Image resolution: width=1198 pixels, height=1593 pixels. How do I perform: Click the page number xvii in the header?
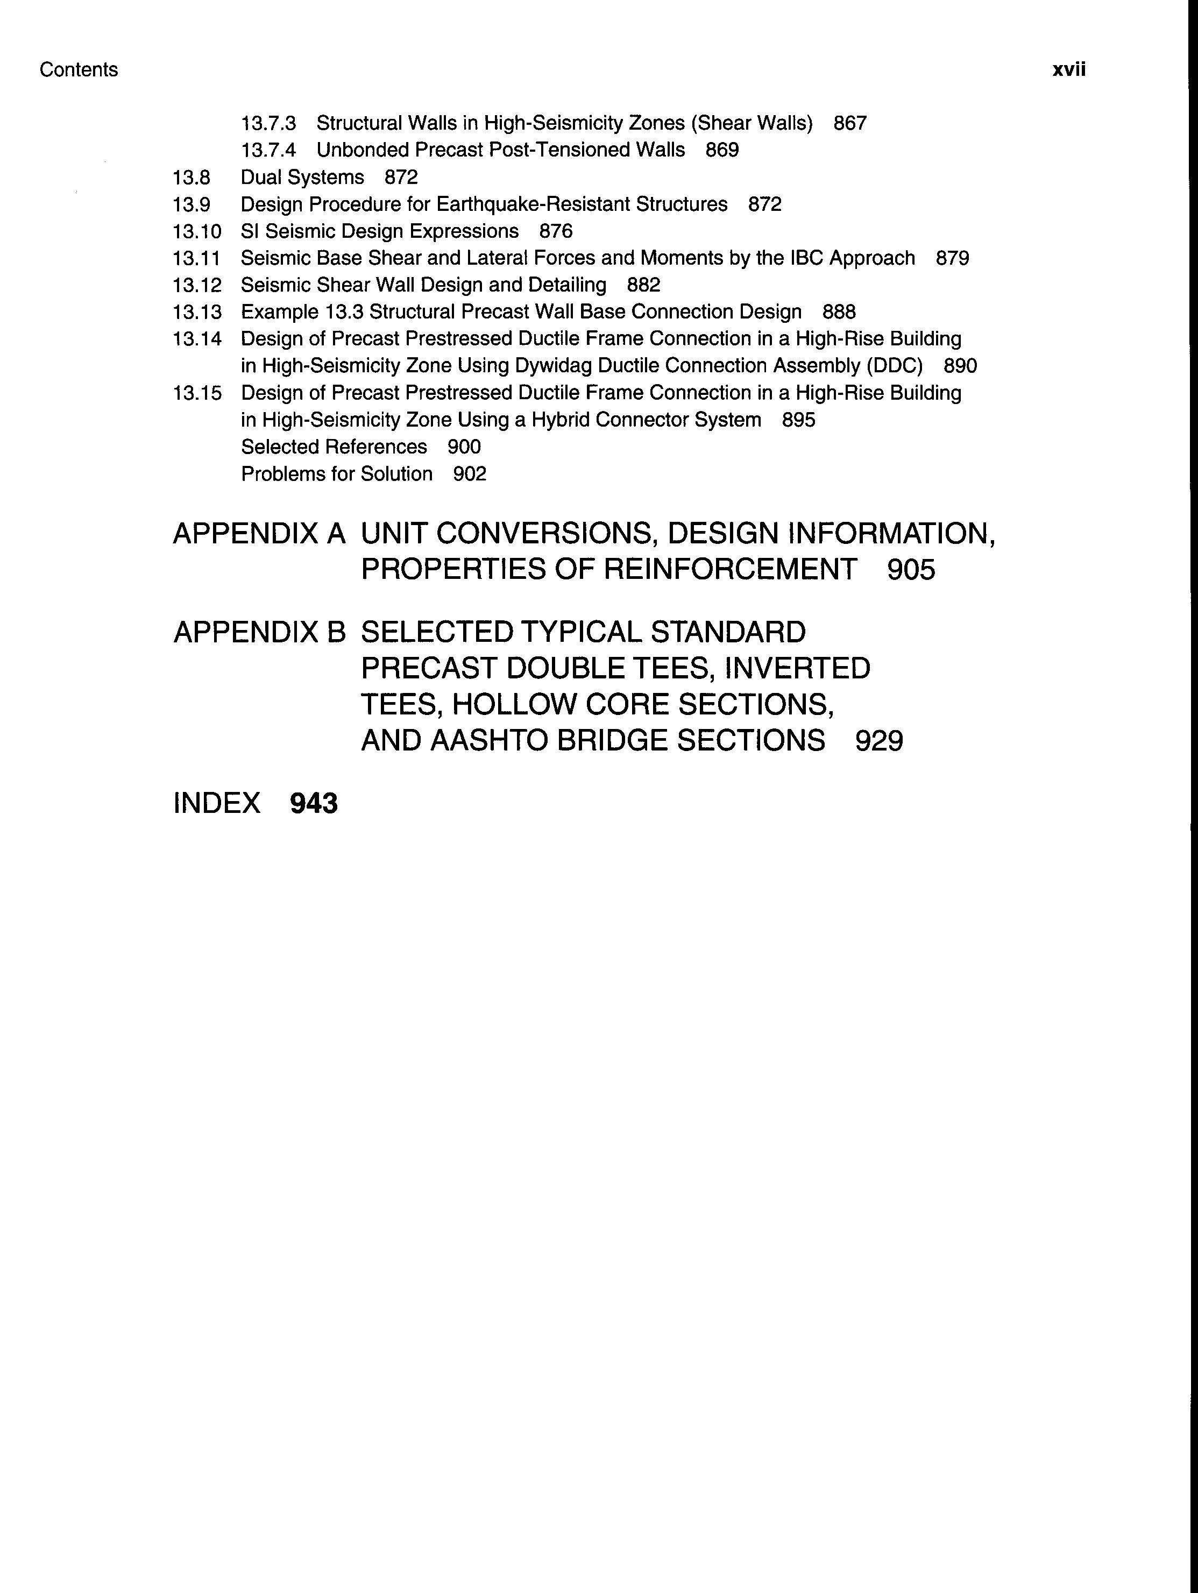pyautogui.click(x=1068, y=70)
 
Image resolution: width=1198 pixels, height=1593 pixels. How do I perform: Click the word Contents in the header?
pyautogui.click(x=79, y=70)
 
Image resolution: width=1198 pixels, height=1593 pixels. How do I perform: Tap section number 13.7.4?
pyautogui.click(x=268, y=150)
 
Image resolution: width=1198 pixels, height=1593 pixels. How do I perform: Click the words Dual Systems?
pyautogui.click(x=302, y=177)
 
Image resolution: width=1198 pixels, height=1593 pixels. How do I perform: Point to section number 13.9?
pyautogui.click(x=192, y=204)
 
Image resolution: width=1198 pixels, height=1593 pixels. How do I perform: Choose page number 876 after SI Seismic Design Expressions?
pyautogui.click(x=556, y=231)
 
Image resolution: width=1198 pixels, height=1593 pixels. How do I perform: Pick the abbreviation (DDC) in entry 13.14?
pyautogui.click(x=895, y=366)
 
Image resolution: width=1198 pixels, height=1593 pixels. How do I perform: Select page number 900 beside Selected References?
pyautogui.click(x=464, y=447)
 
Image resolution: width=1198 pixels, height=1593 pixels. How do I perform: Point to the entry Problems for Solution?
pyautogui.click(x=336, y=474)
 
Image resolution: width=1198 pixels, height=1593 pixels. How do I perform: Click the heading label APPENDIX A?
pyautogui.click(x=259, y=534)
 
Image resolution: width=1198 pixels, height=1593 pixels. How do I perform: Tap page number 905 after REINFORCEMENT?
pyautogui.click(x=911, y=570)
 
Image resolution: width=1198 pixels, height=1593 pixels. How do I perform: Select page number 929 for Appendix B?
pyautogui.click(x=878, y=740)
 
